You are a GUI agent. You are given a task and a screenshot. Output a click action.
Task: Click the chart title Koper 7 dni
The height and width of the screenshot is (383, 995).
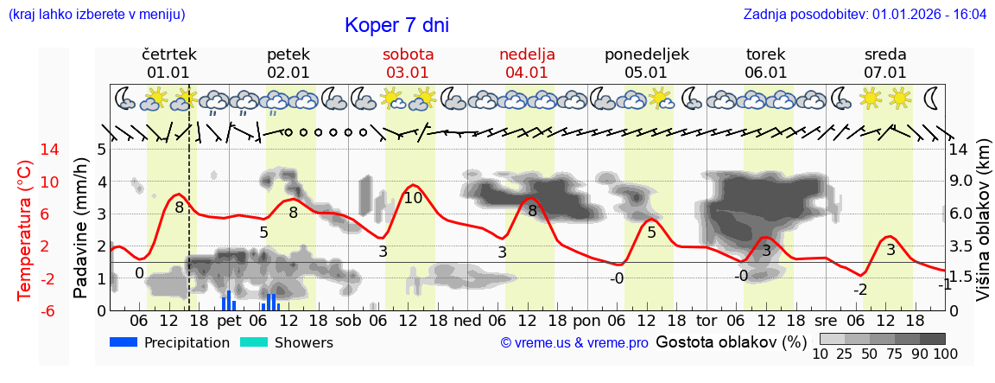396,26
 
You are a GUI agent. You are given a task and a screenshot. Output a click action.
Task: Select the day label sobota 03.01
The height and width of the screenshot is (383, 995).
408,63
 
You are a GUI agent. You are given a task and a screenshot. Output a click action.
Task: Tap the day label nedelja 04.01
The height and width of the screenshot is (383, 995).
527,63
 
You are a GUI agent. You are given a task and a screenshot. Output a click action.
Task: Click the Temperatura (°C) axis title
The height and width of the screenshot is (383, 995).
26,229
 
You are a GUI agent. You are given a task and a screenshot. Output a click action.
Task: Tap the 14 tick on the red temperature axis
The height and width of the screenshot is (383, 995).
26,150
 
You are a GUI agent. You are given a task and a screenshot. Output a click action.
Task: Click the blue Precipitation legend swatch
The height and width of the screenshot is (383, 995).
124,342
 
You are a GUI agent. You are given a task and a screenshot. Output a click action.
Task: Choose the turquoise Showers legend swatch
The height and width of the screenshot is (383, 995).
254,342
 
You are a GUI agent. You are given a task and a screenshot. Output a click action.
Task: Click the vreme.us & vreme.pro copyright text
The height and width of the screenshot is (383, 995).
574,343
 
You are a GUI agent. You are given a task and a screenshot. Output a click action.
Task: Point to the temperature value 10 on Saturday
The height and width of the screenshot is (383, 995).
413,198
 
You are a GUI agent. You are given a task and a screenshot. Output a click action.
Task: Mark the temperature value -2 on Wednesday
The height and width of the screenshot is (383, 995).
859,290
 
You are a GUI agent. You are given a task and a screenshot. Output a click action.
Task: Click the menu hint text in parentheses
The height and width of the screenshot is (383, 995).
96,15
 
